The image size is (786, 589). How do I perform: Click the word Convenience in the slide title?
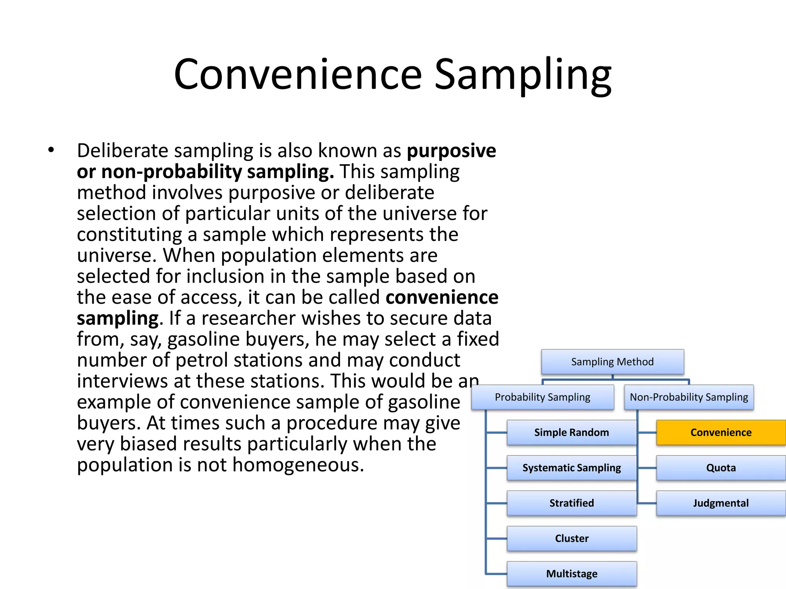point(298,74)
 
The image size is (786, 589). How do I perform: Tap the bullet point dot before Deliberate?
point(51,150)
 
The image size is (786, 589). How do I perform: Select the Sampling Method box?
point(612,362)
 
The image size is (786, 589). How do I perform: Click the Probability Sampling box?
point(542,397)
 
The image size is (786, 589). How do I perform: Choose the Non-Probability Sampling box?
point(689,397)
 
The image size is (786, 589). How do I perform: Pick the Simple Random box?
point(571,433)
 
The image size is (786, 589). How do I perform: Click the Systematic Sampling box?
point(571,468)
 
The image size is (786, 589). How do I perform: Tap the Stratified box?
point(571,503)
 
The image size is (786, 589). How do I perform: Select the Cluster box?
point(571,538)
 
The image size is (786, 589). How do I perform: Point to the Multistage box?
point(571,574)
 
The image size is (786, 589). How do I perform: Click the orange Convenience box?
point(721,433)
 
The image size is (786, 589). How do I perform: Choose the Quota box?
point(721,468)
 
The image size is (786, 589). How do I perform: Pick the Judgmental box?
point(721,503)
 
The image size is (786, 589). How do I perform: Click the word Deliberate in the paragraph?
point(122,150)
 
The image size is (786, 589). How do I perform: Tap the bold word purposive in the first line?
point(451,151)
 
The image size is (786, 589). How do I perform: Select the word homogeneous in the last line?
point(298,465)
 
